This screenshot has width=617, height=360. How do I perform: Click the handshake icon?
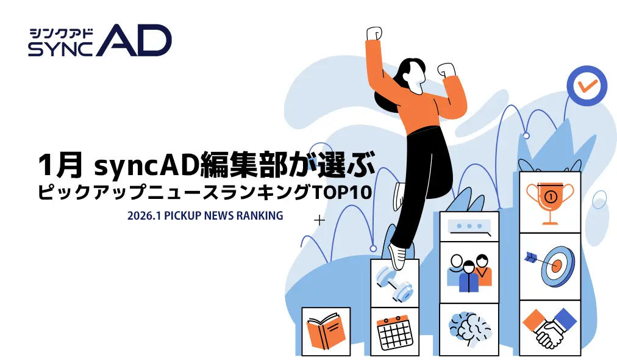549,328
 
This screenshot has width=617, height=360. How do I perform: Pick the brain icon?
468,329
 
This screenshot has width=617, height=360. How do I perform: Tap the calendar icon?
394,332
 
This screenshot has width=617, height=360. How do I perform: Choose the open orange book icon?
326,331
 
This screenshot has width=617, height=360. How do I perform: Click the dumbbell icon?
394,283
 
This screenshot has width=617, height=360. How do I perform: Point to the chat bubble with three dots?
468,227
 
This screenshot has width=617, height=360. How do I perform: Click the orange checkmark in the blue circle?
587,86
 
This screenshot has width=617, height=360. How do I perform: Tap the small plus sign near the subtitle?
319,220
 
